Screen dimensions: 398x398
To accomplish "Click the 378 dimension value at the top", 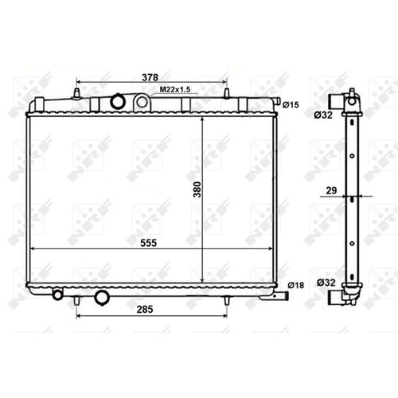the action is click(x=150, y=77).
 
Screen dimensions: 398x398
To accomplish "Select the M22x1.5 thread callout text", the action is click(x=175, y=89).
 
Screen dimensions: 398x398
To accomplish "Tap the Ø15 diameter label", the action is click(x=291, y=105).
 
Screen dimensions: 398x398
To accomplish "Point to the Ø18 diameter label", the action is click(x=296, y=286).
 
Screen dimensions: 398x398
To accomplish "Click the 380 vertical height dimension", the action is click(x=197, y=189).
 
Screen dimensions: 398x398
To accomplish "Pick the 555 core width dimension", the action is click(x=149, y=243).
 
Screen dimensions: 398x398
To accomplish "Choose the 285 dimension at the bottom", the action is click(x=145, y=309).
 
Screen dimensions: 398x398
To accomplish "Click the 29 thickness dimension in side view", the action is click(x=331, y=190).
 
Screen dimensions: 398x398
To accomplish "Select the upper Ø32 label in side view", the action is click(x=323, y=115).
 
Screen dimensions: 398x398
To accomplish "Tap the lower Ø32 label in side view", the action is click(x=326, y=283).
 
